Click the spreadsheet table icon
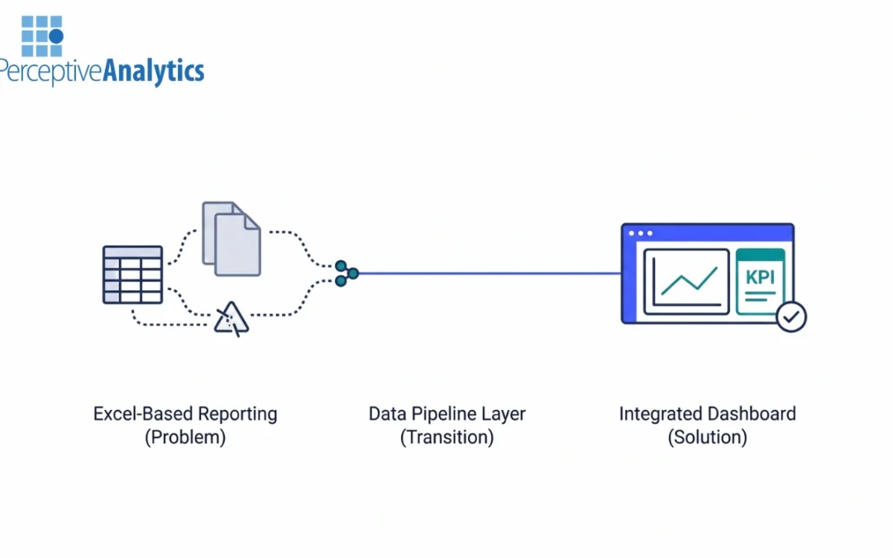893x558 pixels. click(132, 274)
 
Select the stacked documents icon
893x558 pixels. click(232, 239)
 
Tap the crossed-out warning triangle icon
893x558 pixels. click(231, 318)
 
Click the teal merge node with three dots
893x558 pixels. click(346, 274)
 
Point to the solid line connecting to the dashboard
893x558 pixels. click(488, 274)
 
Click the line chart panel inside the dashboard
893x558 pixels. click(686, 282)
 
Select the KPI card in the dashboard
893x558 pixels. click(760, 281)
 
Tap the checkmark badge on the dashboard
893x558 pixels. click(791, 316)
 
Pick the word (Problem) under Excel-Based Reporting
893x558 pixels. click(185, 437)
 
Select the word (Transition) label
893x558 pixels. click(446, 437)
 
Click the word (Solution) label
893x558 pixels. click(707, 437)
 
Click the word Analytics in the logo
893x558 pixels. click(153, 72)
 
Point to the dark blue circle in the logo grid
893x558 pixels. click(56, 36)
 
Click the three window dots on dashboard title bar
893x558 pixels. click(641, 233)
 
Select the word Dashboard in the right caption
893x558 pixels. click(752, 414)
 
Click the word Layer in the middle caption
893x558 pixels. click(505, 414)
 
